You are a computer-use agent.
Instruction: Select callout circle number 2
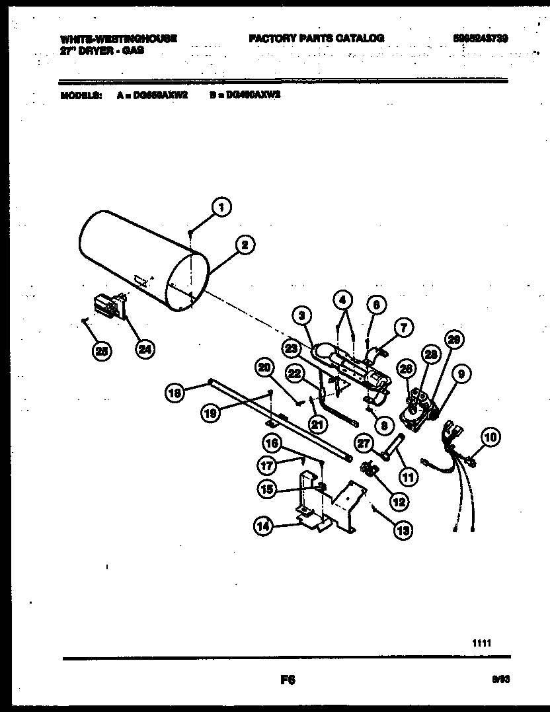coord(245,245)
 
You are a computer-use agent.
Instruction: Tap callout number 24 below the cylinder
coord(143,350)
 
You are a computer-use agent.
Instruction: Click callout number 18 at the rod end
coord(174,393)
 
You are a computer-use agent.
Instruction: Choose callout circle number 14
coord(264,526)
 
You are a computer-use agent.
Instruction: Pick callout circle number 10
coord(491,436)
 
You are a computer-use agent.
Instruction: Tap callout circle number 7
coord(402,326)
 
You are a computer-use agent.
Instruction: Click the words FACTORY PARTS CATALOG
coord(316,38)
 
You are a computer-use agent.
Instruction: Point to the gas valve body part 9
coord(418,413)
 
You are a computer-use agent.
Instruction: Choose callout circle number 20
coord(264,368)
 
